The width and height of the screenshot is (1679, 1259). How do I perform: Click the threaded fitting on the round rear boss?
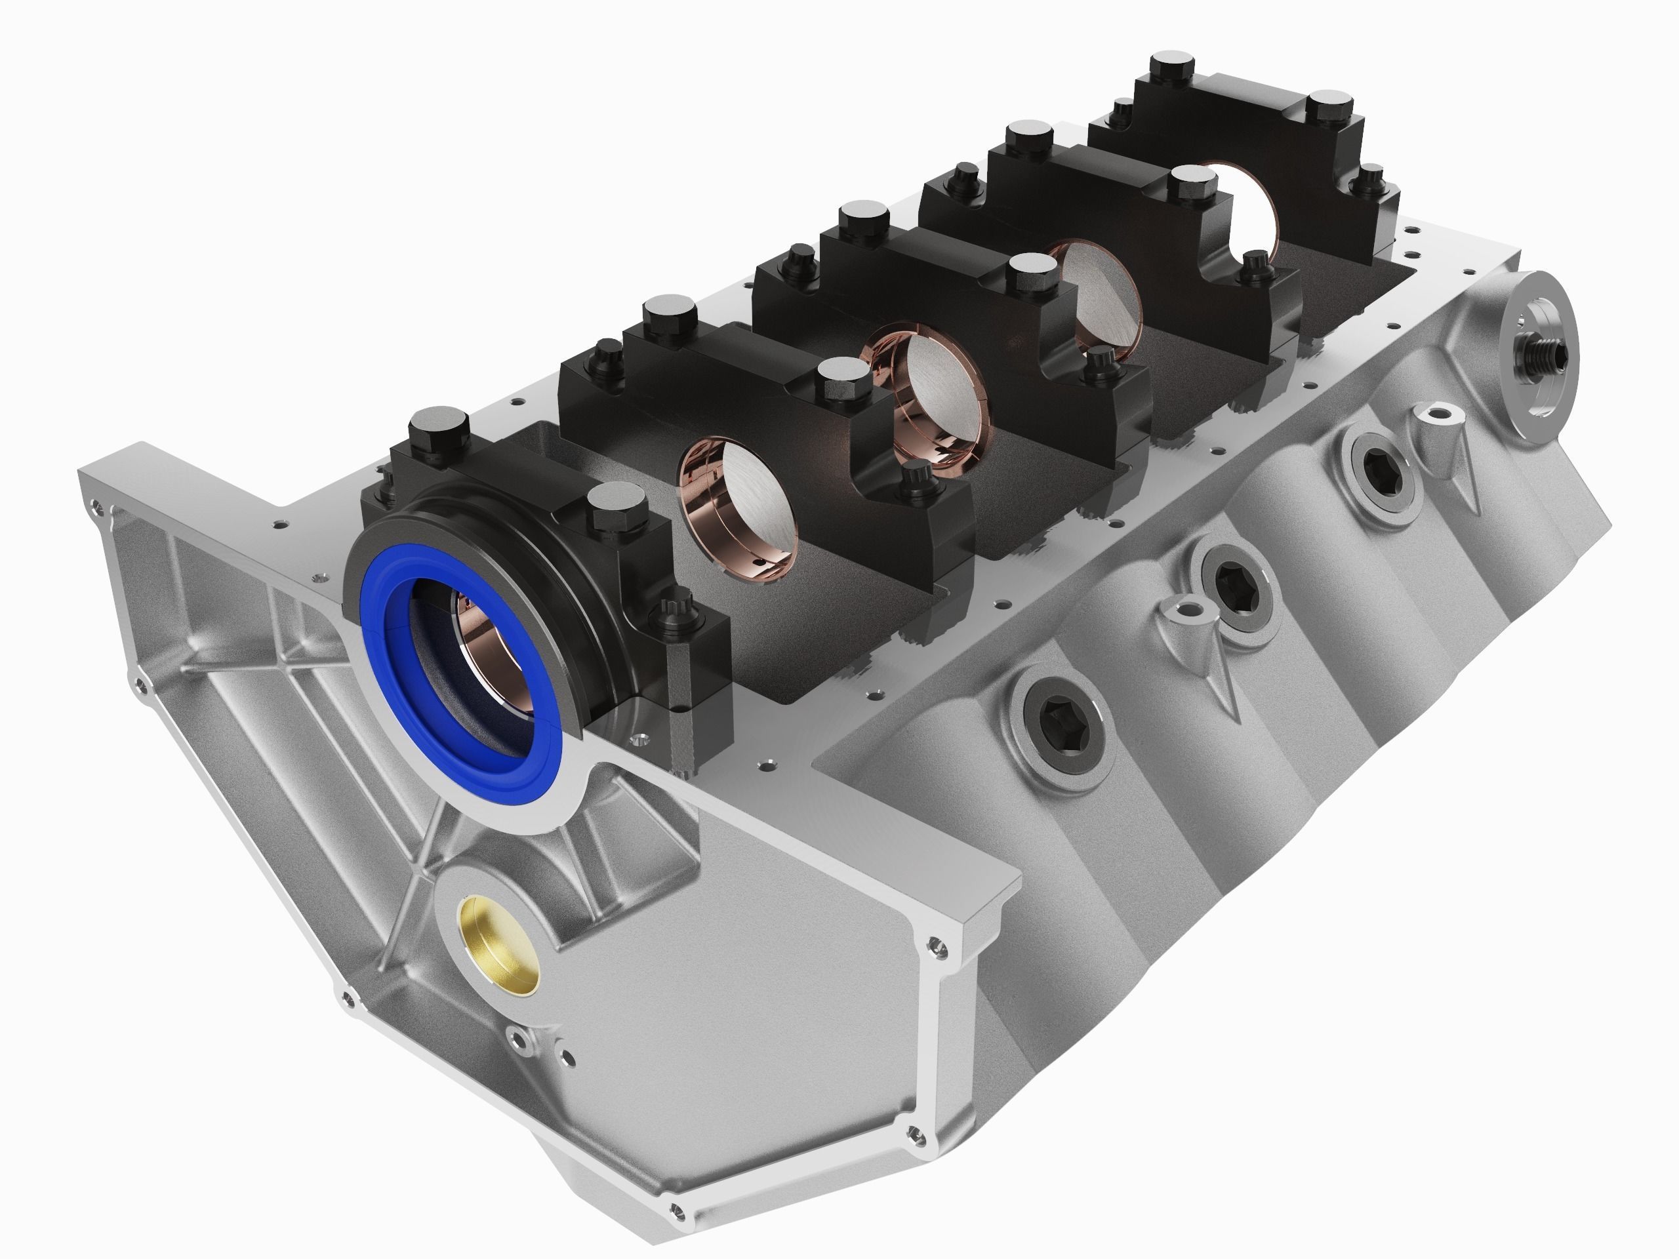point(1541,351)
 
